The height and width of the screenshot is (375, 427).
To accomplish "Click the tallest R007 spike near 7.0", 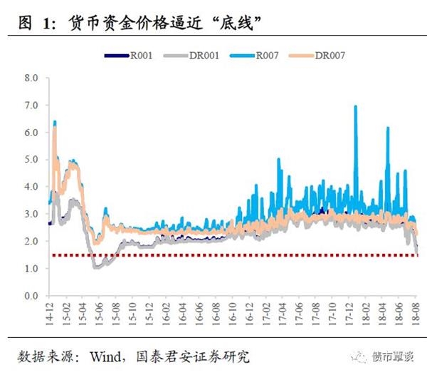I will [x=355, y=107].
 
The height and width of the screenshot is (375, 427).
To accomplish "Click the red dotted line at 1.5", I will [x=213, y=255].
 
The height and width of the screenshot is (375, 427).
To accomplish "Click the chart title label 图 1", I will [x=36, y=23].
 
